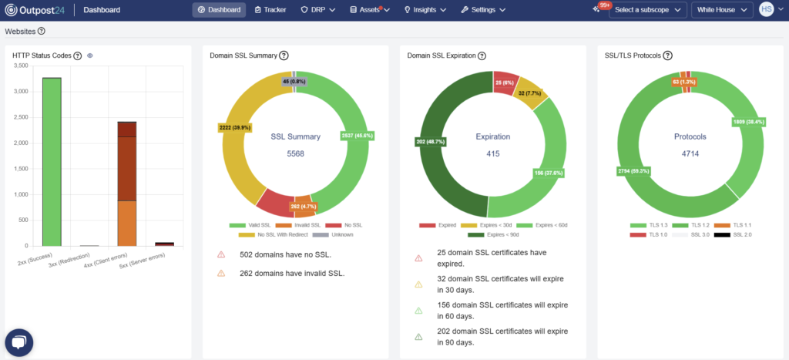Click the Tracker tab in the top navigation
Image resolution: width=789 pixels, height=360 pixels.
click(269, 10)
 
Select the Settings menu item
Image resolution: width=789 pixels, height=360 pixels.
click(483, 10)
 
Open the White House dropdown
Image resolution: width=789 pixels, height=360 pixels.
click(722, 10)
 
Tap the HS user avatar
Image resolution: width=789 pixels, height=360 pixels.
click(766, 9)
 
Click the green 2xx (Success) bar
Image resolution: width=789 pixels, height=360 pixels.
click(52, 162)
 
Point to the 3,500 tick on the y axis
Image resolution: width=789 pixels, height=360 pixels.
click(21, 66)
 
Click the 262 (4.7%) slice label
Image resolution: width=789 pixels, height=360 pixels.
click(304, 207)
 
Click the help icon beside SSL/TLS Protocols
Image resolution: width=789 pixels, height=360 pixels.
click(668, 56)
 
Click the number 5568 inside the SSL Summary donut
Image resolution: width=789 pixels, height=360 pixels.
click(295, 153)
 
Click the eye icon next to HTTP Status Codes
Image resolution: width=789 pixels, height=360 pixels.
click(90, 56)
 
